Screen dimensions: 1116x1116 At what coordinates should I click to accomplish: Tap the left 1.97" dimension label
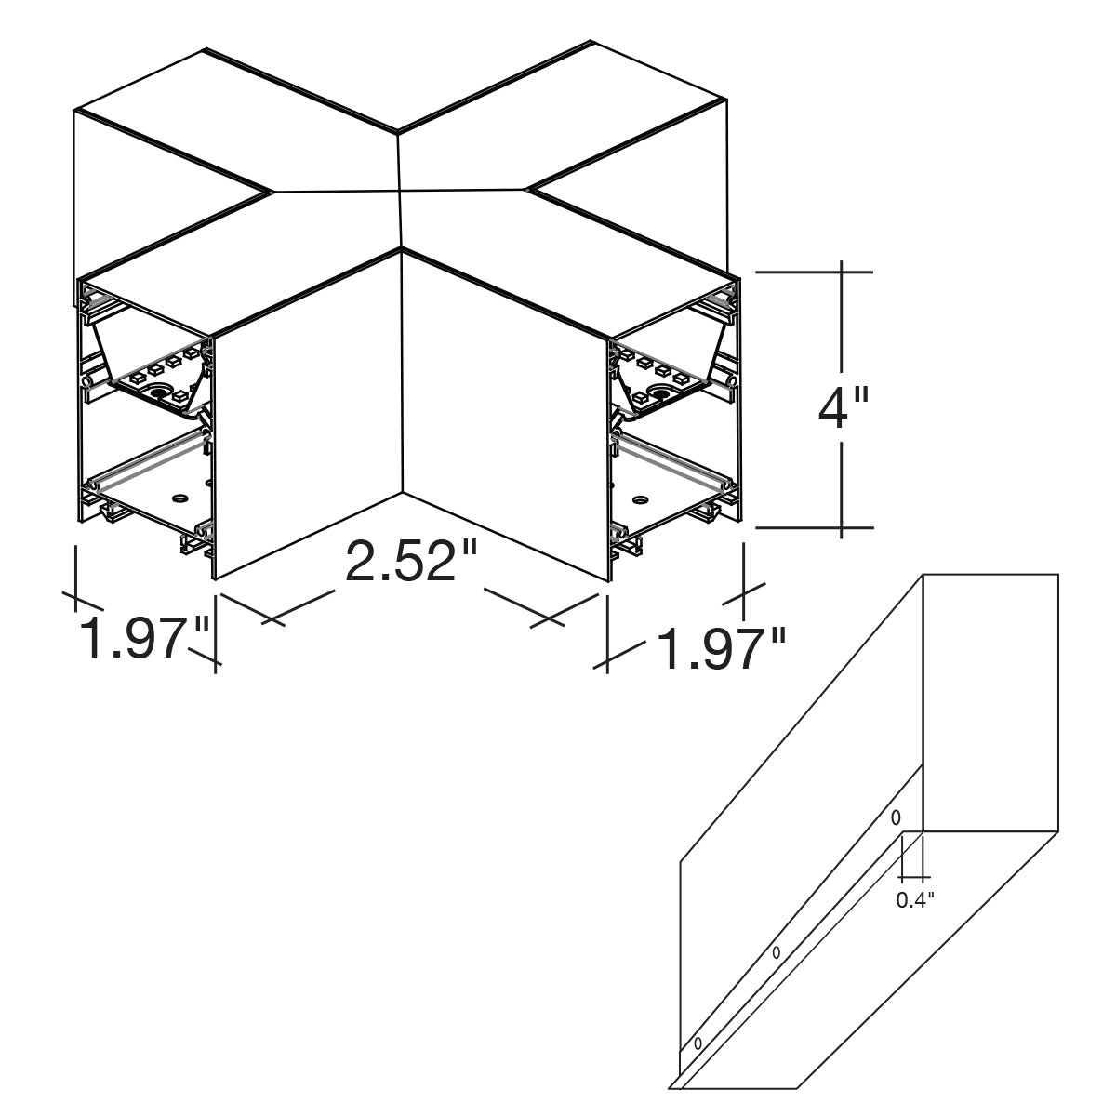point(142,638)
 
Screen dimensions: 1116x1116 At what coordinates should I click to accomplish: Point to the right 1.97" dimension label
point(722,649)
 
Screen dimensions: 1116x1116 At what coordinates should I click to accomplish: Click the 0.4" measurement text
point(915,900)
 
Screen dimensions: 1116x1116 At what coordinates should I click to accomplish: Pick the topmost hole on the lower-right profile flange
point(896,817)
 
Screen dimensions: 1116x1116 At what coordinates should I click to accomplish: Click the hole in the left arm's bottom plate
point(179,498)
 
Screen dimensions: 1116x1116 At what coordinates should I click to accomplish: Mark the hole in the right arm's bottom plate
point(640,499)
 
